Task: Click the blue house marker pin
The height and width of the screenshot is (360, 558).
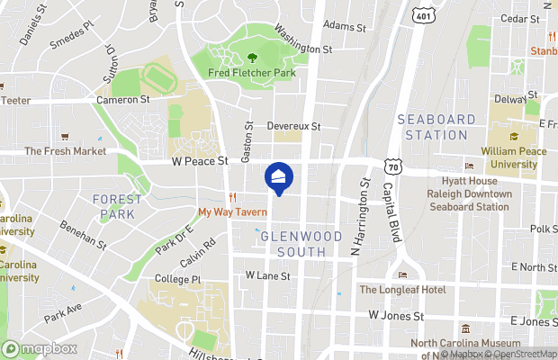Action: [278, 177]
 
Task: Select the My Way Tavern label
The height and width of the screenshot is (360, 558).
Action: [233, 212]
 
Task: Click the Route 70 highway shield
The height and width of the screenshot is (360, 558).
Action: [392, 166]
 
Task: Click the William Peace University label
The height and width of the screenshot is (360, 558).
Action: [513, 157]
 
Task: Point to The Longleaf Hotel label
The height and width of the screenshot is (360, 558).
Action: [402, 289]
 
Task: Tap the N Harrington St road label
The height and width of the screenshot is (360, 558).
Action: [365, 216]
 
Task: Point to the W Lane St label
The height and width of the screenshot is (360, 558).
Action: [267, 276]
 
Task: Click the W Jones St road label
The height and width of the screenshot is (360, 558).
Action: [396, 316]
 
